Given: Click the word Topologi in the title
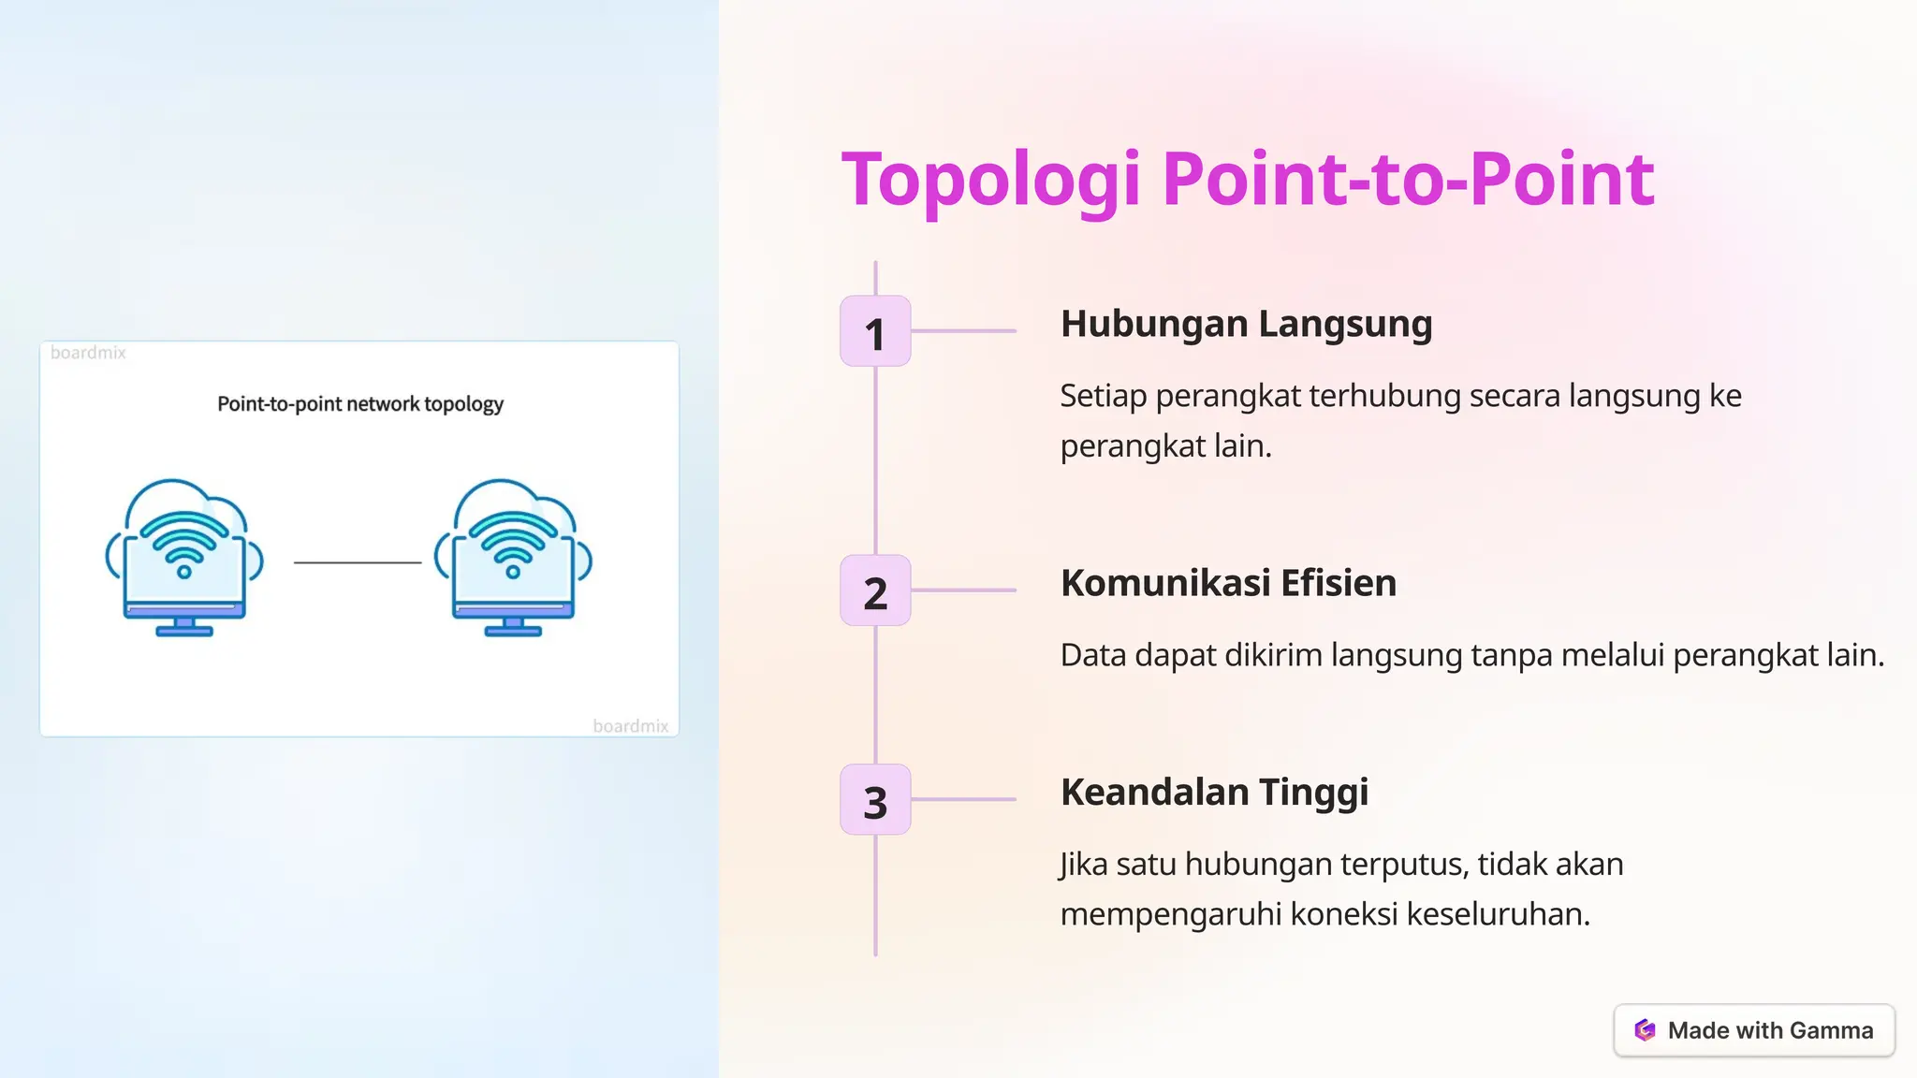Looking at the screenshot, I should [991, 179].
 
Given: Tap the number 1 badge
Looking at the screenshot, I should [875, 331].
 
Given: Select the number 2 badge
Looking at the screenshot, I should [875, 590].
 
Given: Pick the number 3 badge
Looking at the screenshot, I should [875, 800].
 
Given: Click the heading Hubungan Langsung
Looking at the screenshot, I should [1246, 324].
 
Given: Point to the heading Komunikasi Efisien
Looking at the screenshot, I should [1228, 583].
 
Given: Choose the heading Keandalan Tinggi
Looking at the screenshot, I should [1214, 792].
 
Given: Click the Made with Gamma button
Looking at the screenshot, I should [1754, 1030].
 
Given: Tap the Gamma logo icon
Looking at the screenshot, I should [1645, 1030].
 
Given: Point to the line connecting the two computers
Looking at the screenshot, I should [358, 562].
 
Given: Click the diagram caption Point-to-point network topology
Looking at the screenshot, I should [360, 404].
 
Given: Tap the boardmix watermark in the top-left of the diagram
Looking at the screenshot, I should [88, 353].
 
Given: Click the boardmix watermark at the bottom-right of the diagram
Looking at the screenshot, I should [630, 726].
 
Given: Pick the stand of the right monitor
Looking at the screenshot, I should [513, 627].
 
